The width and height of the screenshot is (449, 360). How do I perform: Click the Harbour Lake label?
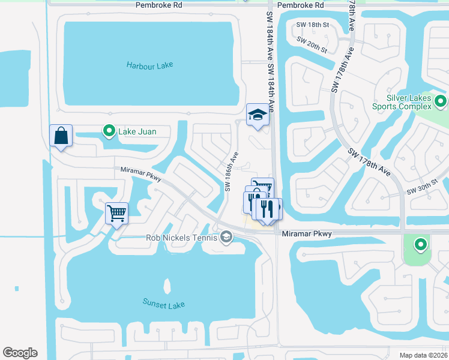149,65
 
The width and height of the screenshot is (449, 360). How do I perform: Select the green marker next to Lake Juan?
109,130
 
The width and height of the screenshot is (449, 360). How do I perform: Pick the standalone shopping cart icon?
116,212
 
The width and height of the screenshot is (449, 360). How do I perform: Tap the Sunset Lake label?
164,304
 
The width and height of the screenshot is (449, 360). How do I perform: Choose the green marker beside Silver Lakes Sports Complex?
441,101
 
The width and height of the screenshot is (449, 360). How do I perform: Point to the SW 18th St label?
313,25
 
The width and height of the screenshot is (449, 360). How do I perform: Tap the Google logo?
20,352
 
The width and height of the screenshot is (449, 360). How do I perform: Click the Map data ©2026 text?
424,355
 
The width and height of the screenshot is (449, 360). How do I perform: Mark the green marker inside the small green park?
421,244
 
